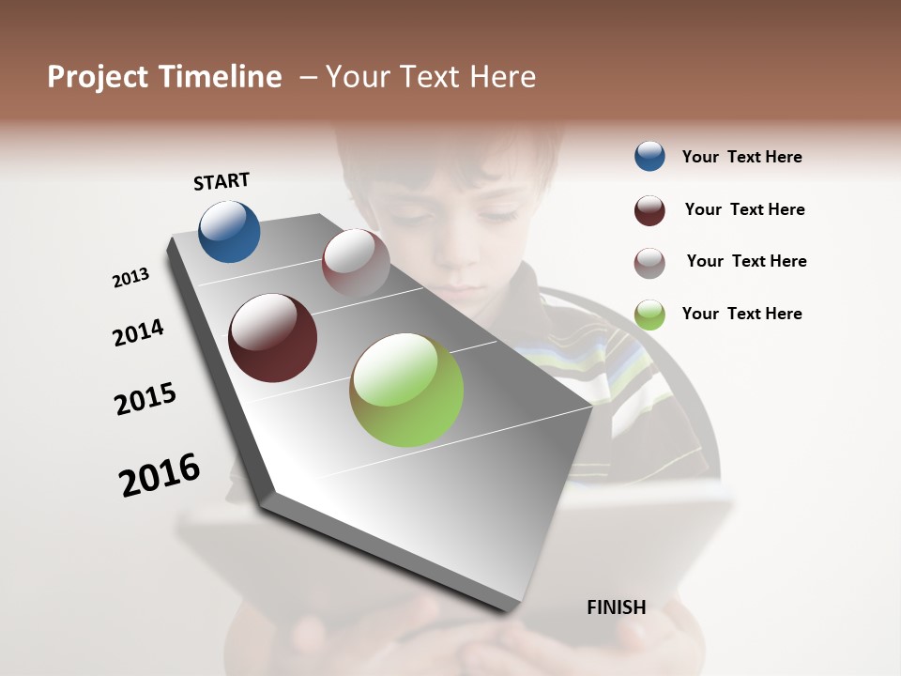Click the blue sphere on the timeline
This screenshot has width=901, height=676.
click(229, 231)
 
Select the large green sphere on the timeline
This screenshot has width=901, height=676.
click(406, 390)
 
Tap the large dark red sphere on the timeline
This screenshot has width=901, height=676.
click(273, 338)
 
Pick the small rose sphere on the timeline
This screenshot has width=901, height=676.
click(356, 262)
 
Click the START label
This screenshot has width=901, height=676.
click(221, 181)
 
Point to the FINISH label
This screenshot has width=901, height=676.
click(617, 607)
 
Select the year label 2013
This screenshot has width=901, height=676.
click(131, 277)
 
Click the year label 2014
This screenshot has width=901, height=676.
click(138, 332)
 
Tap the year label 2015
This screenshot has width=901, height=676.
click(145, 399)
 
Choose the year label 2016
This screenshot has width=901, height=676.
click(160, 475)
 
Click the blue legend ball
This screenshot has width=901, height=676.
click(649, 156)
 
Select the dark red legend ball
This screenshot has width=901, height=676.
click(649, 210)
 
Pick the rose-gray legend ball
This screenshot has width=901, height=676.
click(649, 263)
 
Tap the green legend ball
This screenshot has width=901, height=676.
click(649, 315)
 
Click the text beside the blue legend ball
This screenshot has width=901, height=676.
click(741, 157)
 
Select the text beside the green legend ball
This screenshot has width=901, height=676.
click(741, 314)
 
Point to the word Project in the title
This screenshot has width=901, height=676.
click(98, 77)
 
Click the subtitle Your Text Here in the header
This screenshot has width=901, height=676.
click(431, 77)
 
